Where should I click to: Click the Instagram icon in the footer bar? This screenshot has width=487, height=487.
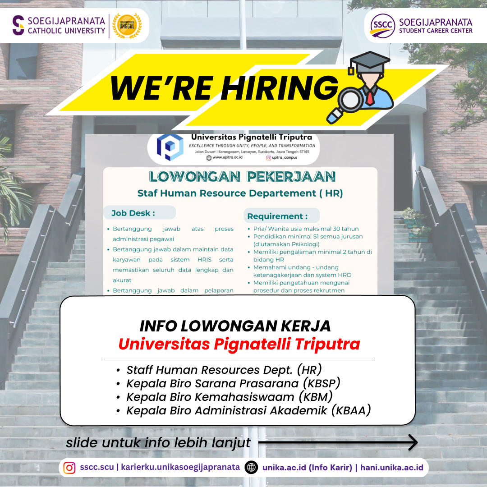click(x=69, y=468)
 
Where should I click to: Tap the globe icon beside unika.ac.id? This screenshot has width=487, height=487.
click(x=251, y=468)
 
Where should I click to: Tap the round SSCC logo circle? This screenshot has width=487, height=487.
click(x=383, y=26)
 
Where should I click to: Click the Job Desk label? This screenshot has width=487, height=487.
click(x=133, y=213)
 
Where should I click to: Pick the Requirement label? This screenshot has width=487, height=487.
click(x=277, y=216)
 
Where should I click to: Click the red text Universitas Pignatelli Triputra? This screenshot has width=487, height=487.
click(x=239, y=344)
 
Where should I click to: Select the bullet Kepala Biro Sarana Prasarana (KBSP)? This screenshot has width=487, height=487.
click(x=233, y=383)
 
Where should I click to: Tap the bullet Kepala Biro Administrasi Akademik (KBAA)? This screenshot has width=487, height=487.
click(x=248, y=410)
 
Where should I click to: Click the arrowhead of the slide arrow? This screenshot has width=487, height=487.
click(x=413, y=442)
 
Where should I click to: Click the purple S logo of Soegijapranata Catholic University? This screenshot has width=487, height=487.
click(x=18, y=25)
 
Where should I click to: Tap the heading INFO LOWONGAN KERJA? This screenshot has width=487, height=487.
click(x=235, y=326)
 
